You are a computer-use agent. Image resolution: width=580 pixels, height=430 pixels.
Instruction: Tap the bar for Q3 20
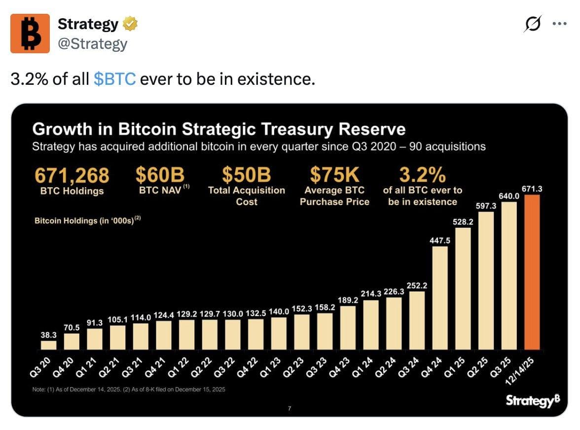(x=48, y=345)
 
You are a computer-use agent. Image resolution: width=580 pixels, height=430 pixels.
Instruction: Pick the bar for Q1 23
(x=279, y=333)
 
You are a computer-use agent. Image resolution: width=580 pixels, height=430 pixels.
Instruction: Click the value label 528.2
(x=463, y=222)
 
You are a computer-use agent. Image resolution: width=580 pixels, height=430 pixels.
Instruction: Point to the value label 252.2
(x=417, y=286)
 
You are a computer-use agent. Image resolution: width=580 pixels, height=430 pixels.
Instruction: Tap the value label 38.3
(x=48, y=335)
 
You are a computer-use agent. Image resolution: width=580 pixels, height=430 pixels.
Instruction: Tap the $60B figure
(x=160, y=175)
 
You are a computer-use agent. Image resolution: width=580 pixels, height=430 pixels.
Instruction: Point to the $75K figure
(x=334, y=175)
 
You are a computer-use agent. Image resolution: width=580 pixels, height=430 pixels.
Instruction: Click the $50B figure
(x=246, y=175)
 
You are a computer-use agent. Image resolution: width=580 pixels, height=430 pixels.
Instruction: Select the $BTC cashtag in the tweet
(x=114, y=78)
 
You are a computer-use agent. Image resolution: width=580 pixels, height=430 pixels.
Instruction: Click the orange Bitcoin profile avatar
(x=30, y=34)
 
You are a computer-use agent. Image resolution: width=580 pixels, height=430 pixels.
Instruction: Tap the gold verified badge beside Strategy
(x=130, y=24)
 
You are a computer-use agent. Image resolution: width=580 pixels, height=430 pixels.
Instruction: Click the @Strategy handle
(x=93, y=44)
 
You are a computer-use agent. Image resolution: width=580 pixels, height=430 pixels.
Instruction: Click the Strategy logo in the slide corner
(x=532, y=401)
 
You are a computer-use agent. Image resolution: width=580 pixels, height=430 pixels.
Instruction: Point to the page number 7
(x=289, y=408)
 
